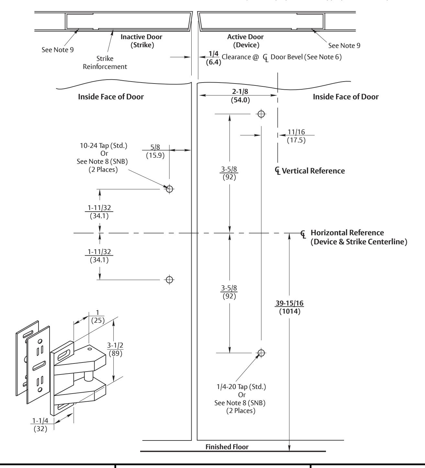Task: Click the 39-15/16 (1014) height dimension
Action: pyautogui.click(x=290, y=307)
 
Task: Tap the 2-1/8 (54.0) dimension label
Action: pyautogui.click(x=240, y=96)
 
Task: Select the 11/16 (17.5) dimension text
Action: pyautogui.click(x=296, y=136)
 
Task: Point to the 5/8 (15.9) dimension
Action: pyautogui.click(x=155, y=151)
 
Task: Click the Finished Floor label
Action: pyautogui.click(x=227, y=447)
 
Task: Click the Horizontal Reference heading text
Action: pyautogui.click(x=347, y=233)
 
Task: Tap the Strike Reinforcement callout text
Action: pyautogui.click(x=105, y=62)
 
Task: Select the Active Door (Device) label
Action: pyautogui.click(x=246, y=41)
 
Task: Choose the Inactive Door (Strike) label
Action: pyautogui.click(x=141, y=41)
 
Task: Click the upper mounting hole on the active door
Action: pyautogui.click(x=261, y=114)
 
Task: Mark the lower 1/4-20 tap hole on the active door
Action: pyautogui.click(x=261, y=353)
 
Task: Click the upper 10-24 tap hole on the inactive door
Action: pyautogui.click(x=169, y=189)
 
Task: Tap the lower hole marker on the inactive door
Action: pyautogui.click(x=169, y=280)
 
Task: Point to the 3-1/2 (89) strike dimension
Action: pyautogui.click(x=115, y=349)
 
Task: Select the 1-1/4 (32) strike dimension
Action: pyautogui.click(x=40, y=425)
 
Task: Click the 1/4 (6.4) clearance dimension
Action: pyautogui.click(x=214, y=58)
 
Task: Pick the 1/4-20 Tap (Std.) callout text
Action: pyautogui.click(x=241, y=386)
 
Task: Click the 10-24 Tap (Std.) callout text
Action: pyautogui.click(x=104, y=146)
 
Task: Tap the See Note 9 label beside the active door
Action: pyautogui.click(x=344, y=46)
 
